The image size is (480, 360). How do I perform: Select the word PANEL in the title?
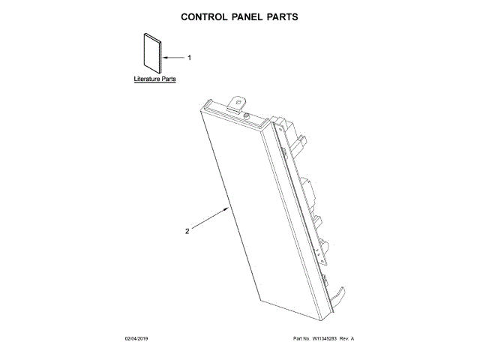tap(244, 16)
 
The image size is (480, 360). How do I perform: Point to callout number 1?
tap(189, 58)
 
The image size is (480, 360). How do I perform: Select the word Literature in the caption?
tap(148, 79)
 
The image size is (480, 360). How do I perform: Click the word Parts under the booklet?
tap(169, 79)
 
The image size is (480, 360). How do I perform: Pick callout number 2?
tap(187, 231)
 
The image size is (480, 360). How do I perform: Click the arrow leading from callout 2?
tap(210, 220)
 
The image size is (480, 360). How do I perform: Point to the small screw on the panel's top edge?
tap(247, 115)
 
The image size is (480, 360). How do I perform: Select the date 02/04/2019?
tap(138, 339)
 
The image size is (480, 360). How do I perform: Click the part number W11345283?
tap(322, 339)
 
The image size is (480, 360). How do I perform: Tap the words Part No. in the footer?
tap(300, 339)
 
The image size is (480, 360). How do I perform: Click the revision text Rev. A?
tap(346, 339)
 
